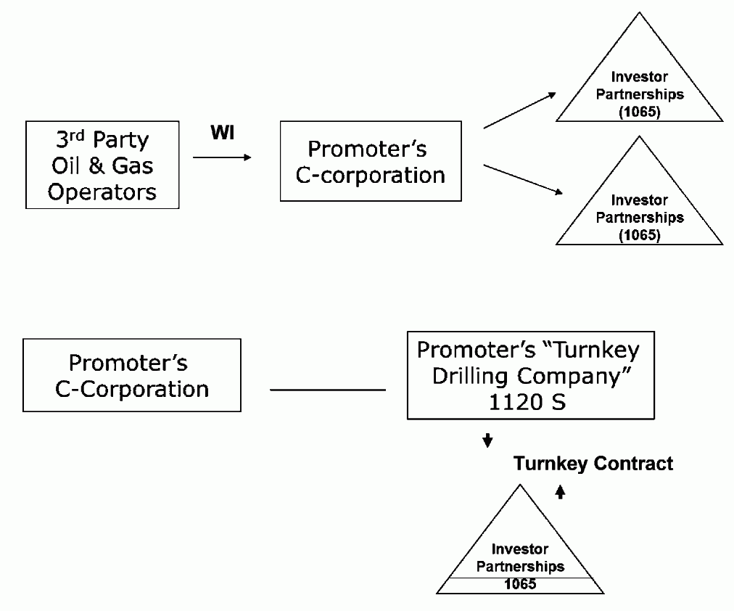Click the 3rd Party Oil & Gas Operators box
coord(102,165)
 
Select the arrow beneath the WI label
coord(222,157)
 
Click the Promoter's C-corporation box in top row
coord(371,161)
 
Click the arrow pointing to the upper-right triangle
coord(519,110)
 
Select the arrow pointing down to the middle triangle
coord(522,179)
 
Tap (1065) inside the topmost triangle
coord(639,112)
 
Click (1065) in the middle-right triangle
coord(639,235)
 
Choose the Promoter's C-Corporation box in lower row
coord(132,375)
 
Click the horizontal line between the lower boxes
coord(328,390)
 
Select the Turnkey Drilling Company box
coord(530,375)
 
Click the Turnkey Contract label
coord(593,464)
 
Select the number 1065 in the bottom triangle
coord(520,583)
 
